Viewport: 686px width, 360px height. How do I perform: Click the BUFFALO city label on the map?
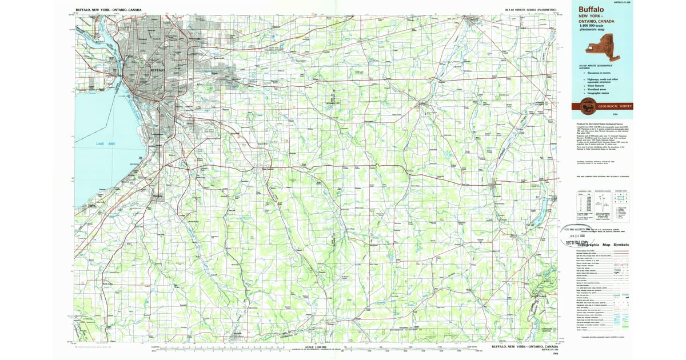click(157, 70)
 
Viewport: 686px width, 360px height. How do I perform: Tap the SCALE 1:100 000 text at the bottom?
click(318, 346)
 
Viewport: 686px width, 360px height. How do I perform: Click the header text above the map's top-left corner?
click(109, 10)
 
